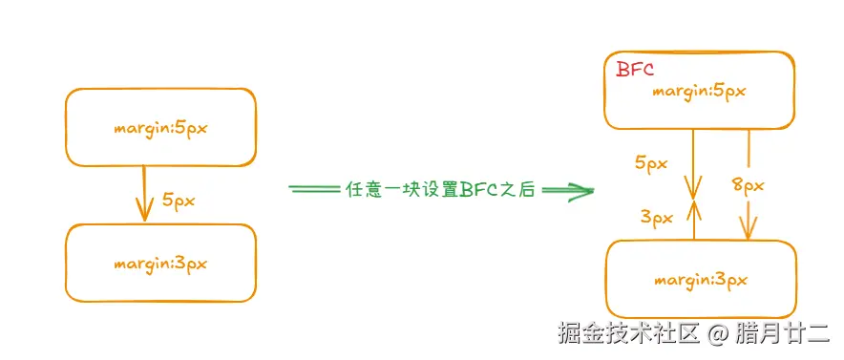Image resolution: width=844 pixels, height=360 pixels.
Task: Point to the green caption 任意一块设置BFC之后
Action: click(438, 189)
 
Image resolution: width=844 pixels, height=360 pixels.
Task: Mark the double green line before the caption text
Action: click(314, 189)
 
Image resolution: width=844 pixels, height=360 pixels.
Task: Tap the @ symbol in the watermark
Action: click(722, 333)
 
